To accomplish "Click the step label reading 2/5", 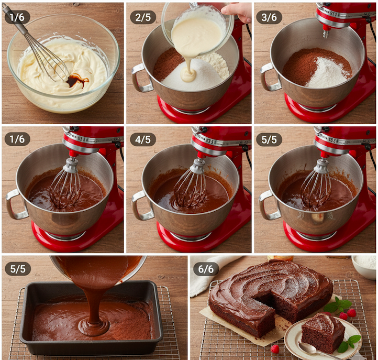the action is (143, 17).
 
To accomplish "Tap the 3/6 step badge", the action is (269, 17).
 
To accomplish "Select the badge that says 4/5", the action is (143, 139).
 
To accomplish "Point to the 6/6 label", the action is (206, 269).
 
